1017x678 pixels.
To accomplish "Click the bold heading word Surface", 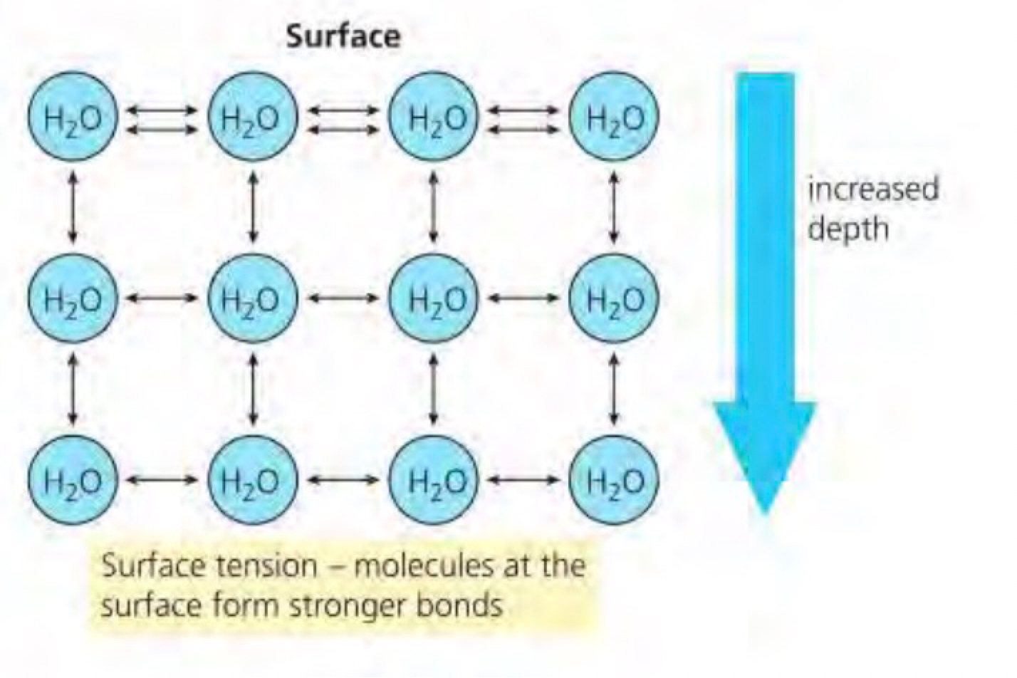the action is tap(343, 36).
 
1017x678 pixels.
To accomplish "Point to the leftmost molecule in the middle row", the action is tap(71, 298).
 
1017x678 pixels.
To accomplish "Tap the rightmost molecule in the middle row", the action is tap(615, 298).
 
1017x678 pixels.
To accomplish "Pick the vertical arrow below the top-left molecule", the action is tap(72, 207).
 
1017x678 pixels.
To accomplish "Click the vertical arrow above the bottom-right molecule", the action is tap(615, 389).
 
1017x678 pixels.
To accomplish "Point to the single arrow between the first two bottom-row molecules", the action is tap(162, 479).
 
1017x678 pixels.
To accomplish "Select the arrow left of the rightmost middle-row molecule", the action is tap(524, 298).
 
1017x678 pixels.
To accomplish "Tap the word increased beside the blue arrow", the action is tap(873, 189).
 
